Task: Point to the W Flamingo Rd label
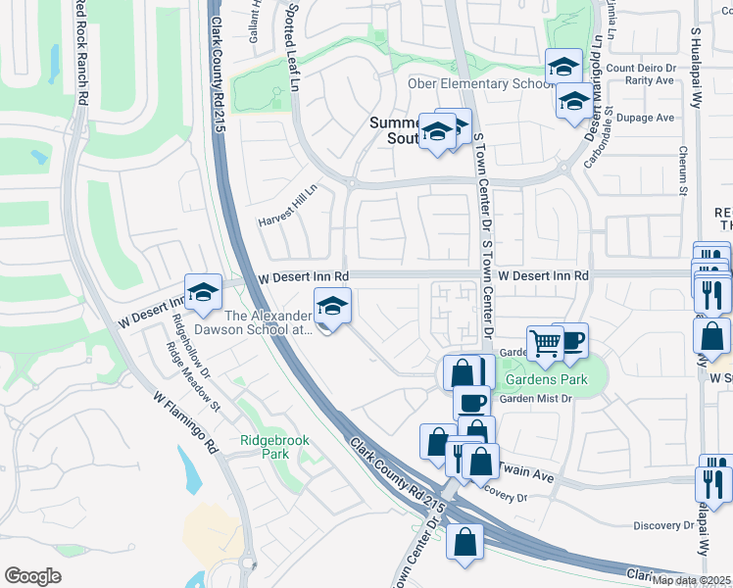(185, 422)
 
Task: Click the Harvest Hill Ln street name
(288, 207)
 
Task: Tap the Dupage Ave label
(652, 118)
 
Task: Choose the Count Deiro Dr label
(643, 68)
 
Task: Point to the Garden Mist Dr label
(536, 399)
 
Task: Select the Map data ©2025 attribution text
(692, 580)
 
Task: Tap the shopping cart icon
(544, 343)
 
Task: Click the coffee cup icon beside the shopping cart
(571, 340)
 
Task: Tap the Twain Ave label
(529, 475)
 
